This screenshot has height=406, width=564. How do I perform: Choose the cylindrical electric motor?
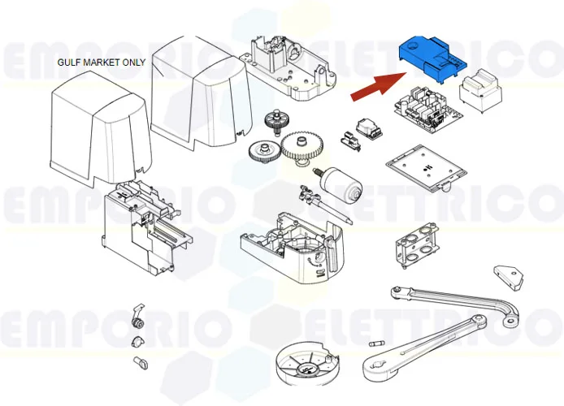point(342,186)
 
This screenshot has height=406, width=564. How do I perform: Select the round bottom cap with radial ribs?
point(306,363)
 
